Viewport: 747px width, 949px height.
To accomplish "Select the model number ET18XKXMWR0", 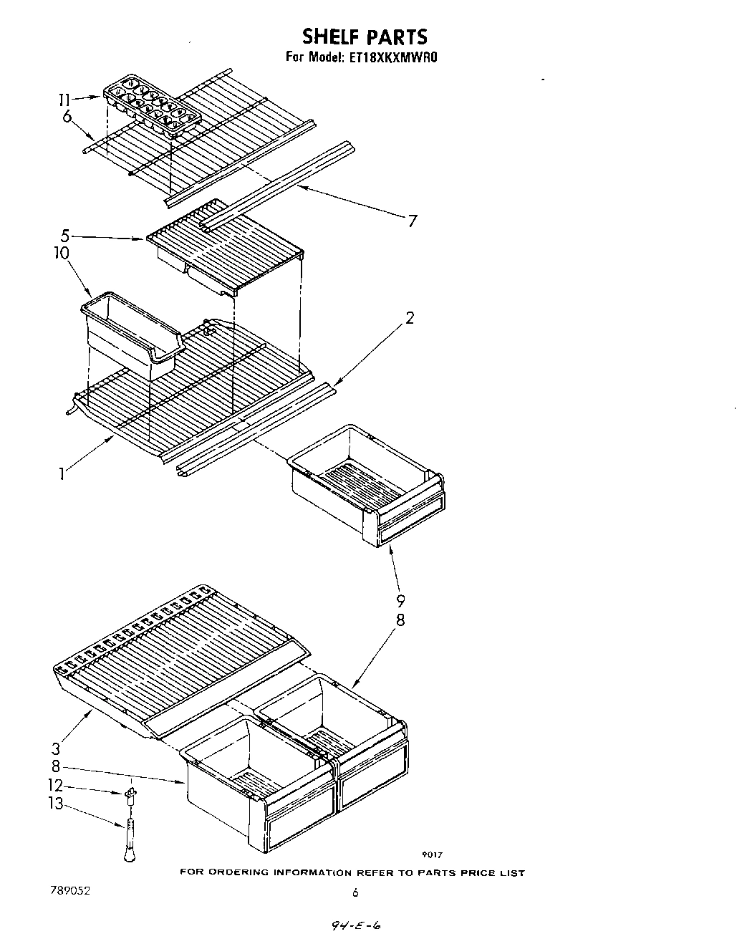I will point(395,58).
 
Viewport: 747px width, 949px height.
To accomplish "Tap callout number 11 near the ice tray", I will point(64,100).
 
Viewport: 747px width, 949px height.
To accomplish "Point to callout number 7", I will point(412,221).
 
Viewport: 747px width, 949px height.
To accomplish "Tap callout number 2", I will point(409,318).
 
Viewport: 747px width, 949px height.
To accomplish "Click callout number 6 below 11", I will point(67,117).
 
